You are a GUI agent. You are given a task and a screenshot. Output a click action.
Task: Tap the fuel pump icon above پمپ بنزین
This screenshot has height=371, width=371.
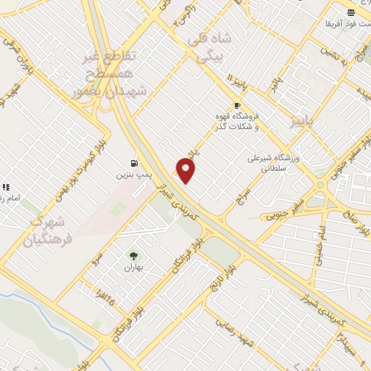pyautogui.click(x=134, y=163)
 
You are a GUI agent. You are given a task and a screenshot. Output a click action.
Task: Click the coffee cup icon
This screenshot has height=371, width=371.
pyautogui.click(x=236, y=105)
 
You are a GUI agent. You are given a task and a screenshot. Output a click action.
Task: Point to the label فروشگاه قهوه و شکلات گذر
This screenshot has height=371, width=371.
pyautogui.click(x=236, y=122)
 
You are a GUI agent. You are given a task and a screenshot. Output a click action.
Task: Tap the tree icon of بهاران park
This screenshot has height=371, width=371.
pyautogui.click(x=133, y=255)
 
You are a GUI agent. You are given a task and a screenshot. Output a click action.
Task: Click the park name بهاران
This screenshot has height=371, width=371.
pyautogui.click(x=133, y=267)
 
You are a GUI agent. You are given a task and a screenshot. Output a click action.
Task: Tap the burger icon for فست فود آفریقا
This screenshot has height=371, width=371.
pyautogui.click(x=351, y=12)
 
